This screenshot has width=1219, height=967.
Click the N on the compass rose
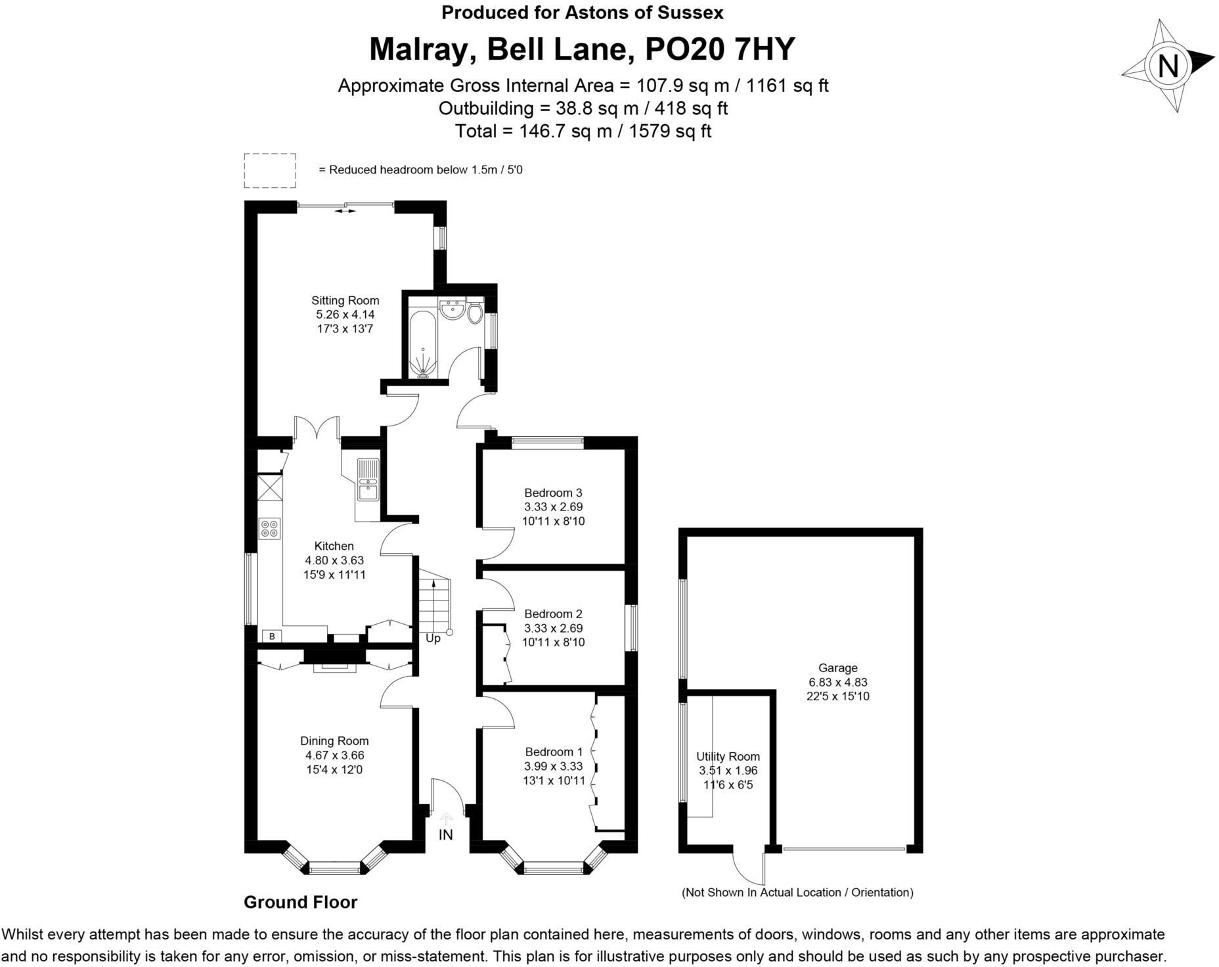click(1168, 66)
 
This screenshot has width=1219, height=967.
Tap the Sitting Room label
click(345, 300)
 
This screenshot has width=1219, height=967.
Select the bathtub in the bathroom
click(422, 346)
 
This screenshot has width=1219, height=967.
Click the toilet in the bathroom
click(475, 312)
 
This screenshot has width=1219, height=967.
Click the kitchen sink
click(368, 480)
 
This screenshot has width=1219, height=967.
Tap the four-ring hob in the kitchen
click(269, 528)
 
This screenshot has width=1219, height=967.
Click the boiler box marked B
click(271, 636)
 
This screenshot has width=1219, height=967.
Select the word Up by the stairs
click(433, 638)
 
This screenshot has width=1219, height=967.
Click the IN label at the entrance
click(445, 835)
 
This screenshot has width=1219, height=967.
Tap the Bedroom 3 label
click(553, 493)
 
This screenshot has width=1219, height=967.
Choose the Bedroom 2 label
click(553, 614)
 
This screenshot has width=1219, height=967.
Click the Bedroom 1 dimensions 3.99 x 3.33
click(554, 767)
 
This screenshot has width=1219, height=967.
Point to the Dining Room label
click(334, 741)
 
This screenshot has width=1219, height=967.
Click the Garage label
click(837, 668)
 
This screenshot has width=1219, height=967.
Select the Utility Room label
click(728, 757)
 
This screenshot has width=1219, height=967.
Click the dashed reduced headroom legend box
click(270, 170)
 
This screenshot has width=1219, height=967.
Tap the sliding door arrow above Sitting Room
click(345, 211)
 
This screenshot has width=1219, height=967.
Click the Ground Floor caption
click(300, 903)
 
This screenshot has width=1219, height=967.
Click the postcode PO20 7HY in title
click(720, 49)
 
